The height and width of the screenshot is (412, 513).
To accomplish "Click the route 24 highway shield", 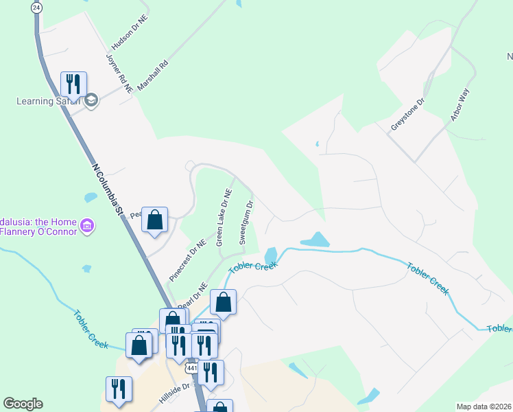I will click(x=36, y=7).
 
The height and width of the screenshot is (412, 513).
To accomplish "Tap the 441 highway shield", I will click(x=191, y=369).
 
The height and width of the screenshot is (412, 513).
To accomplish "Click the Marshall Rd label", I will click(x=152, y=76).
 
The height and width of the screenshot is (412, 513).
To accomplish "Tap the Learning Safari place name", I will click(x=45, y=102).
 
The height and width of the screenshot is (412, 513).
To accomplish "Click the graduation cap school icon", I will click(x=91, y=102).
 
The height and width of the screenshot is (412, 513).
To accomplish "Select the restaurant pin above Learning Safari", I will click(x=73, y=84).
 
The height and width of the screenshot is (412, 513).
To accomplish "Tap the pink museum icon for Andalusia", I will click(x=87, y=225).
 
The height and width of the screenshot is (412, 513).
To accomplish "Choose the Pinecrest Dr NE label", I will click(x=187, y=260).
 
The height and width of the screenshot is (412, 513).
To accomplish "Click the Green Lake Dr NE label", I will click(x=224, y=218).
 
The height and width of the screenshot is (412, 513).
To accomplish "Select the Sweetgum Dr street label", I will click(x=246, y=222).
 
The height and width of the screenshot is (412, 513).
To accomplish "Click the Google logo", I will click(x=23, y=404).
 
